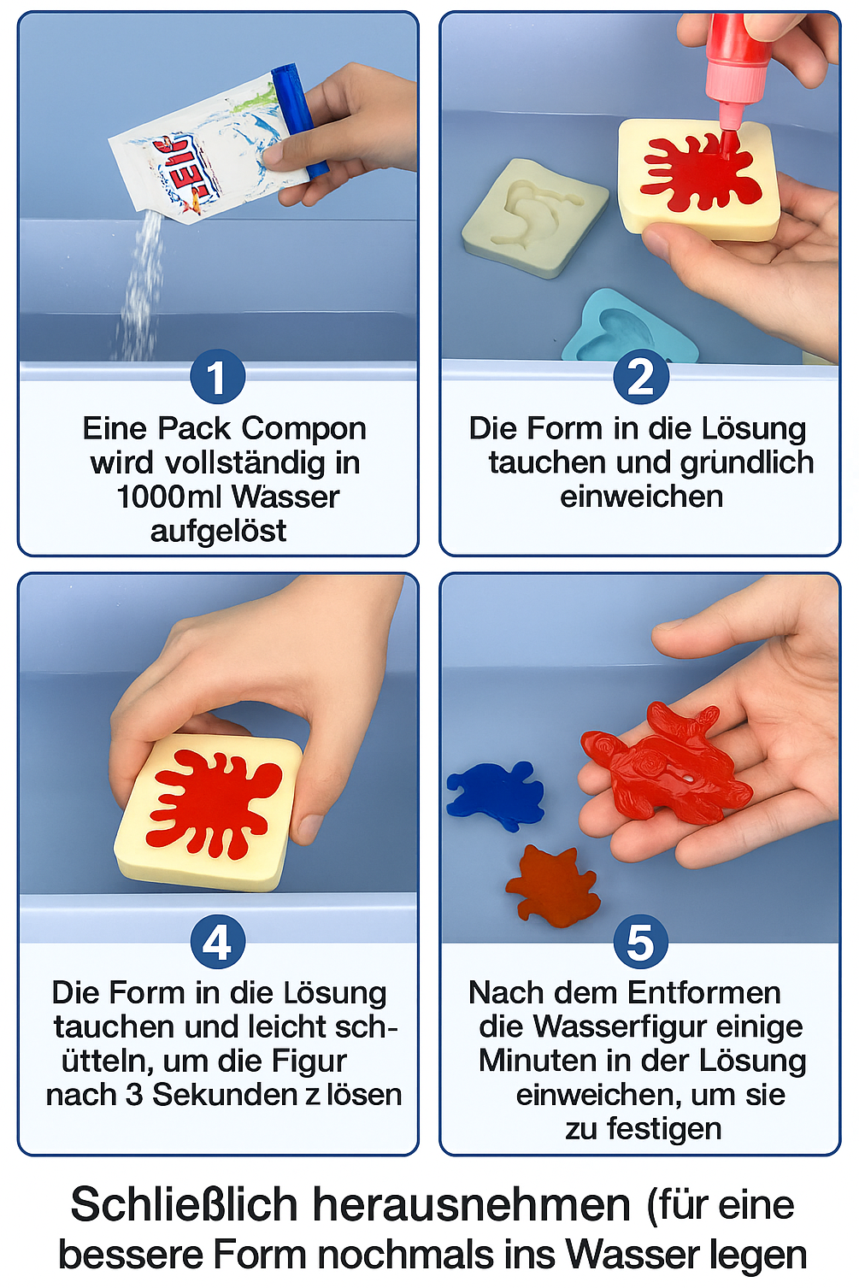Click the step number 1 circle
point(217,377)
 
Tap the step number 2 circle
point(641,377)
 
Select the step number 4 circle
point(217,942)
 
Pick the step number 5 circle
point(641,942)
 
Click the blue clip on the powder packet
point(299,120)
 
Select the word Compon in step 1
point(313,428)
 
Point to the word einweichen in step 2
point(641,497)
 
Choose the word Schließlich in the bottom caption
point(184,1205)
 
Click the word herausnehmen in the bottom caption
point(472,1205)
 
